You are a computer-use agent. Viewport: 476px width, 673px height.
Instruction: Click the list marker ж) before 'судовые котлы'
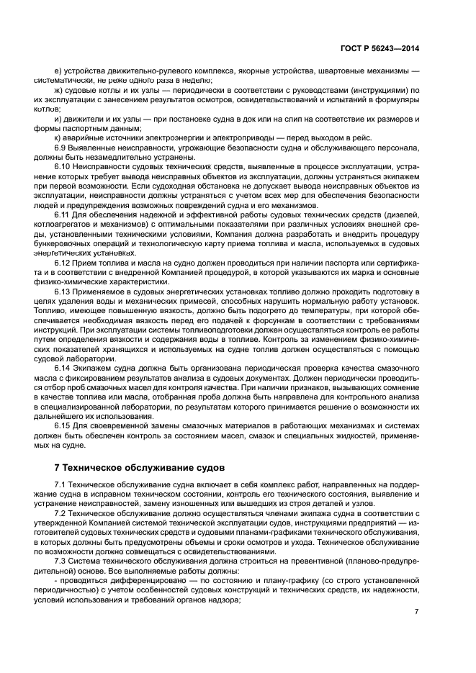[x=59, y=91]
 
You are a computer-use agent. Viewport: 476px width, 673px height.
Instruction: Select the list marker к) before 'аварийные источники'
[x=58, y=137]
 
